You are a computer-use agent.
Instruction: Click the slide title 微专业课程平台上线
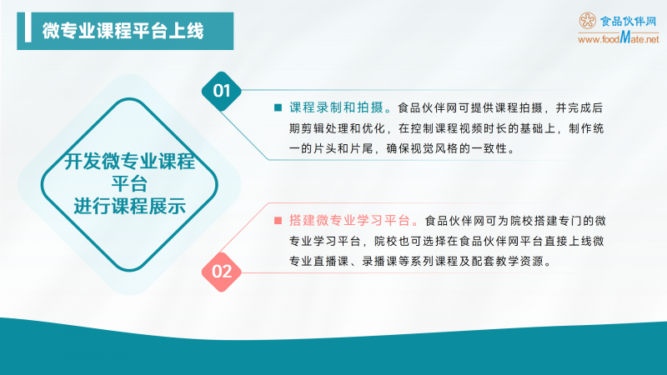point(123,30)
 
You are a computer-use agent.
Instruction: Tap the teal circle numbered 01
point(222,90)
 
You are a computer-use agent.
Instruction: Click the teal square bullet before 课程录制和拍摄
point(278,107)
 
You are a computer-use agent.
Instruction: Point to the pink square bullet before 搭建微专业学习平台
point(278,222)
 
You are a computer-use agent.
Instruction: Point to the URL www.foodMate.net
point(618,39)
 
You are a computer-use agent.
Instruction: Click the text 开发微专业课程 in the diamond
point(129,162)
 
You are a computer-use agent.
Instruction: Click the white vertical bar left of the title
point(31,30)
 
